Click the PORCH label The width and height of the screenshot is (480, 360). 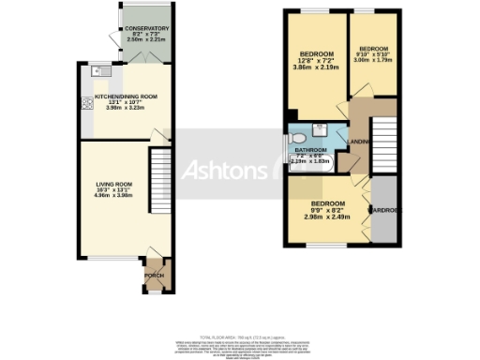click(153, 275)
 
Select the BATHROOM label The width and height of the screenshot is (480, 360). click(310, 150)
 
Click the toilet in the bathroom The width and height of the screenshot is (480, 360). click(318, 134)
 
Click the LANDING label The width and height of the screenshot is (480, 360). click(357, 142)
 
